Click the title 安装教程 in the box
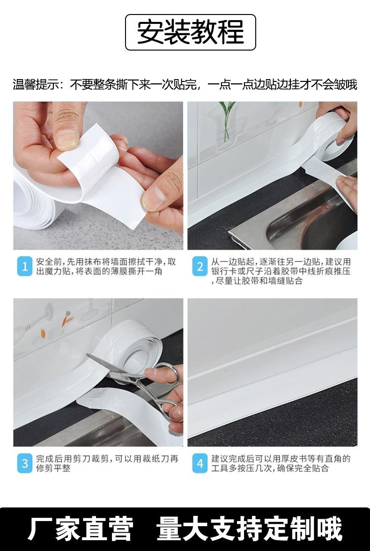(x=190, y=32)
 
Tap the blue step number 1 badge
(x=25, y=267)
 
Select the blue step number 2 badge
(x=200, y=267)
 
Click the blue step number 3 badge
(x=25, y=463)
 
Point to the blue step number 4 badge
(x=200, y=463)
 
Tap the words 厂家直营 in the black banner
(x=81, y=528)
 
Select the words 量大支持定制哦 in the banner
(x=249, y=528)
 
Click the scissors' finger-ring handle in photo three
(x=168, y=374)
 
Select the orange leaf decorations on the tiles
(x=56, y=326)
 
